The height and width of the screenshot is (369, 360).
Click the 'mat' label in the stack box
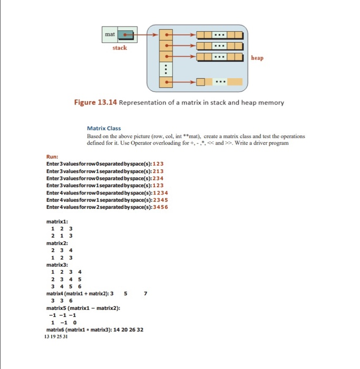(x=110, y=35)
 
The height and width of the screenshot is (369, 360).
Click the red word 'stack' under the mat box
(x=120, y=48)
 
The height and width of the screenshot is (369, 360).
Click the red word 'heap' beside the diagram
(x=258, y=58)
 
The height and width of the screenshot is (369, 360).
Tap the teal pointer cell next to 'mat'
(x=126, y=35)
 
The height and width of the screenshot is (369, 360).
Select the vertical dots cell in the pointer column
(x=167, y=69)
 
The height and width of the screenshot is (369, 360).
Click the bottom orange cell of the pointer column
(x=167, y=82)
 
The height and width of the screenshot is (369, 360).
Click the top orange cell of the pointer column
(x=167, y=35)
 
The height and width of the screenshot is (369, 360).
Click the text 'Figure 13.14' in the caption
(x=95, y=102)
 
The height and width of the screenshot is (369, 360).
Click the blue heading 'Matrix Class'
(x=104, y=128)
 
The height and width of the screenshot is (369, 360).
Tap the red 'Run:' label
(x=52, y=157)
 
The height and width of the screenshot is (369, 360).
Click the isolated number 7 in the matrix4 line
(x=145, y=293)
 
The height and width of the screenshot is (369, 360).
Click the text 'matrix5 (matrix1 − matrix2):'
(x=83, y=308)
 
